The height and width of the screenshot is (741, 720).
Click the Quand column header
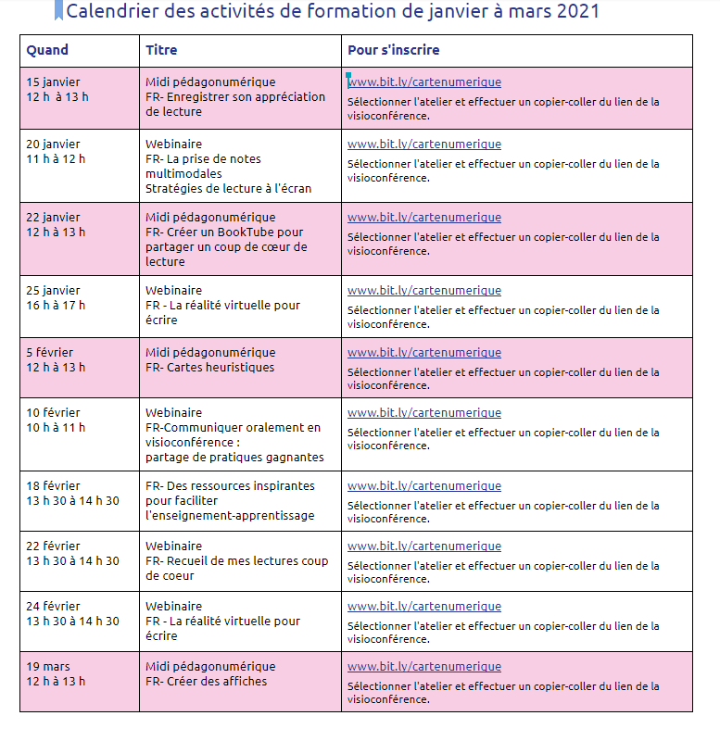(47, 50)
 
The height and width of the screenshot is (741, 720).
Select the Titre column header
(161, 50)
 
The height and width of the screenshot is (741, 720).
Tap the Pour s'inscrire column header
(393, 50)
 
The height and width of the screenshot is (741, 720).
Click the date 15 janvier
(54, 82)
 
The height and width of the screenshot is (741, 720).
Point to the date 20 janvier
(54, 144)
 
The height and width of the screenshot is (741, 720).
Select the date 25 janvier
(54, 291)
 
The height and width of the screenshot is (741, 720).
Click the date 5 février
(50, 353)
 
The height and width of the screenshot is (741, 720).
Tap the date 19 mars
(48, 667)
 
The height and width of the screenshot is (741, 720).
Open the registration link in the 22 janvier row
(424, 218)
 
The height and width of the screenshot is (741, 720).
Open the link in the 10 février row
(424, 413)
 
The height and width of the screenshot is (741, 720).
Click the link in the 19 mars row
(424, 667)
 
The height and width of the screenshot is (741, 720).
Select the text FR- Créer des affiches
(206, 682)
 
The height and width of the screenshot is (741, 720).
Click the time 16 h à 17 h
(56, 306)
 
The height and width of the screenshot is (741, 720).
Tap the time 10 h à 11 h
(56, 428)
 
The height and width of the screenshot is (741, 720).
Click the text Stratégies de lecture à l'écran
(228, 189)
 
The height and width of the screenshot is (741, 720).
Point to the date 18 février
(54, 486)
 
